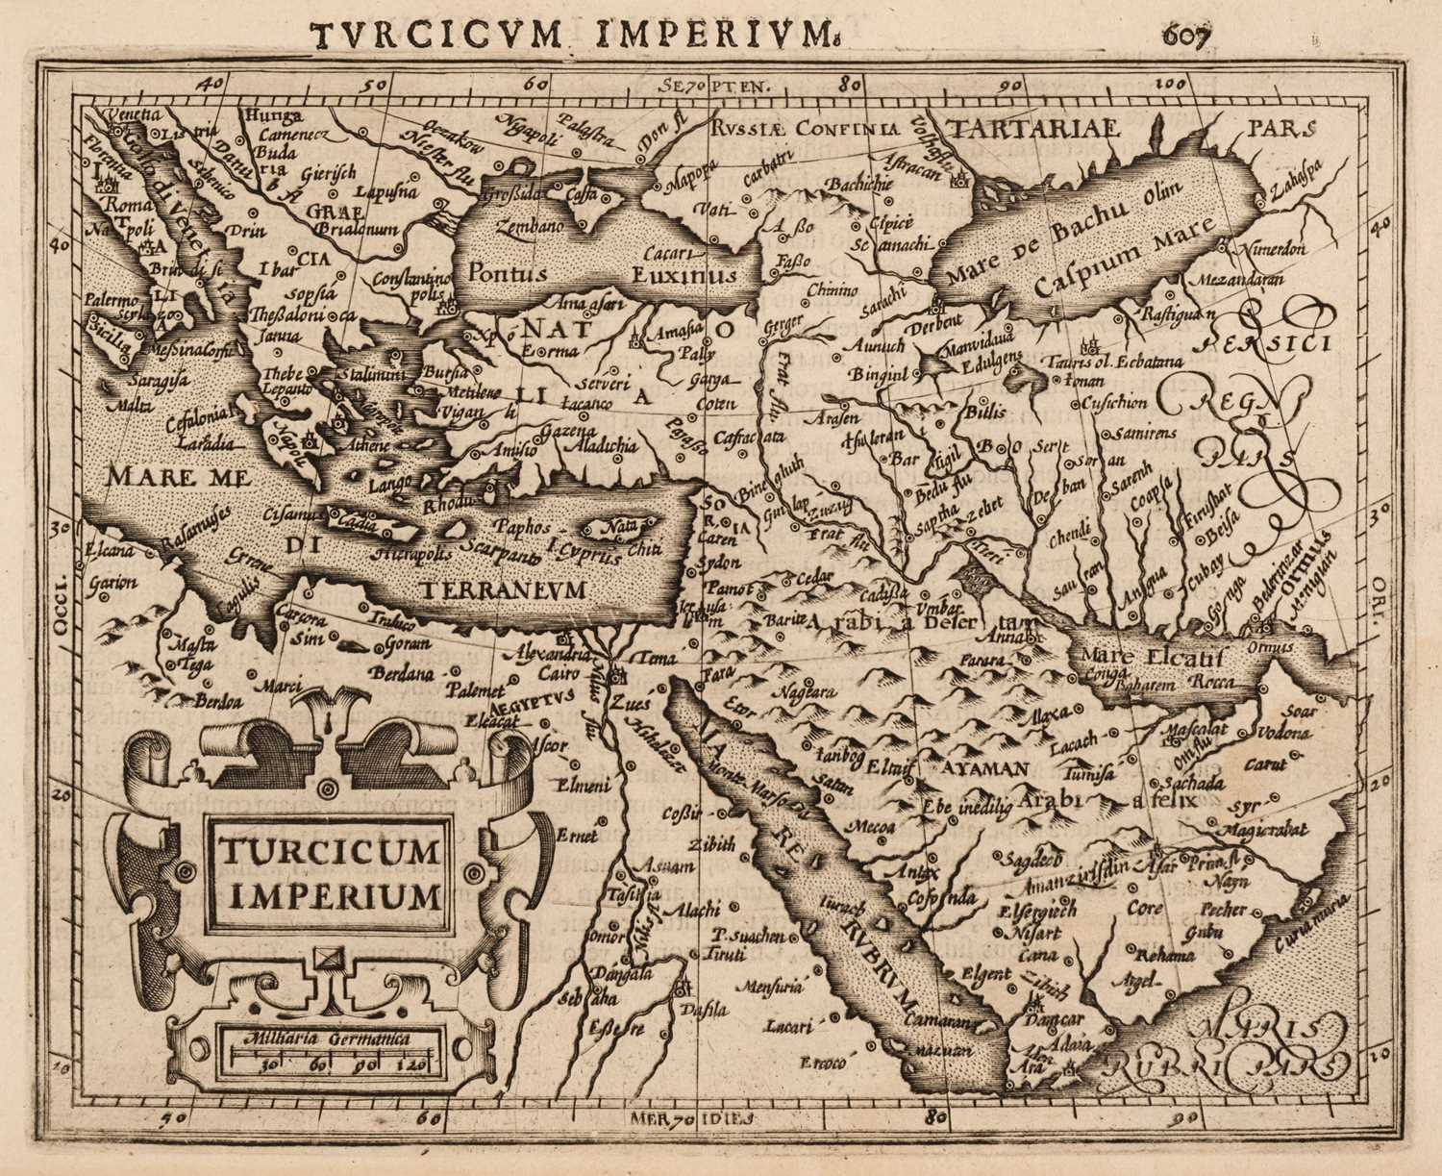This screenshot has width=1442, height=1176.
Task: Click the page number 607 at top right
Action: point(1188,36)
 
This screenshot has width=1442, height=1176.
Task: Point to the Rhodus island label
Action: point(447,506)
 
